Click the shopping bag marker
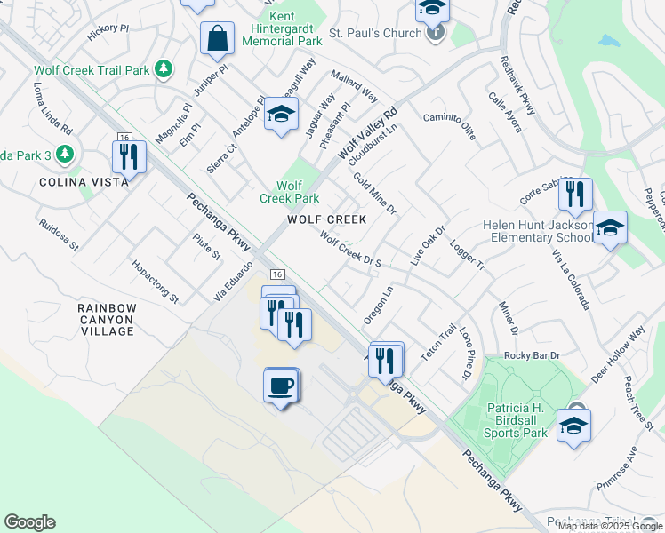pos(217,39)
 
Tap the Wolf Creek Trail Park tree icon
pos(163,69)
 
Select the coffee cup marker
pos(281,386)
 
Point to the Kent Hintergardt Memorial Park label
pos(281,29)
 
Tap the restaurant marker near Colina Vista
pos(130,156)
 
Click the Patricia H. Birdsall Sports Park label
pos(516,420)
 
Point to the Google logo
pos(29,522)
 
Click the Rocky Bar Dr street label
pos(533,355)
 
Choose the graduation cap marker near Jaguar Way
pos(281,115)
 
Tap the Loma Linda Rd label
pos(52,109)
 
